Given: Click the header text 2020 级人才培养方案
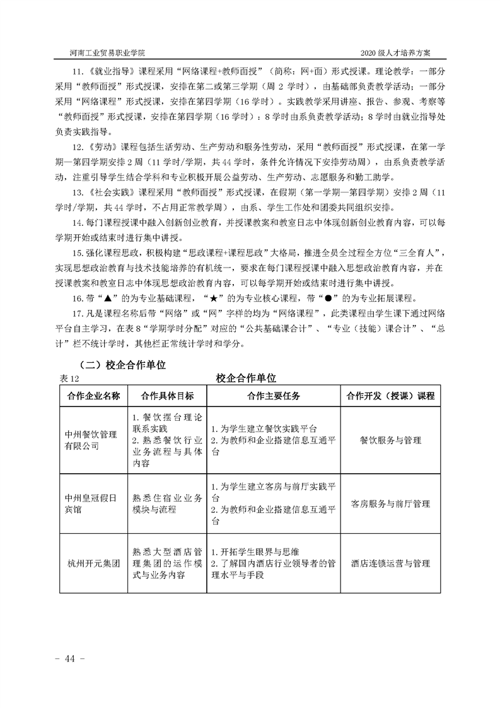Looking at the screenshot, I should [399, 53].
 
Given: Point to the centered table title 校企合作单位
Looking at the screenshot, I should [246, 377].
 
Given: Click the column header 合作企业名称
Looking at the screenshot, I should [93, 396].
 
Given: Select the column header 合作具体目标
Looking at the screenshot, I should [166, 396].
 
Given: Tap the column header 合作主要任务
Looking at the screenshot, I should [273, 396].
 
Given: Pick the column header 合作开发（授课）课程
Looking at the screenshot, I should [390, 396].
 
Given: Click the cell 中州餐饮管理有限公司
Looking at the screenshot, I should [91, 440].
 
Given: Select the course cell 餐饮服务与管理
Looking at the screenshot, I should [390, 440].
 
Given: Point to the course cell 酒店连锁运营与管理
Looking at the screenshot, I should [390, 563].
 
